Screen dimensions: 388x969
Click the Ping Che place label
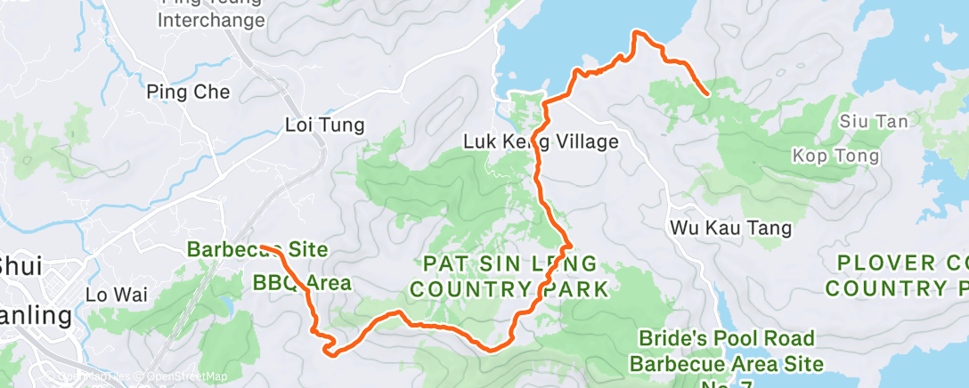click(188, 92)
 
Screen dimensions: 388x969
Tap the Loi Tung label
click(324, 125)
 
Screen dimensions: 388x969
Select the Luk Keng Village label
click(541, 141)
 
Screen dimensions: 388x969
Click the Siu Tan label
click(867, 121)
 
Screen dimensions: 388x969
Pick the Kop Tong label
click(835, 157)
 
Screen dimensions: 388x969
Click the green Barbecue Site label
click(257, 250)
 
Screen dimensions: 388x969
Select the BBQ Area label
click(302, 284)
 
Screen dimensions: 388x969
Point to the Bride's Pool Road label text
click(727, 339)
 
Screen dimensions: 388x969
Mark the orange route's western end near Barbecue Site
click(265, 248)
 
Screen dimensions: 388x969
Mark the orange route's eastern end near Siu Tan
click(706, 93)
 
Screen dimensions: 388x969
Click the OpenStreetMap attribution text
click(187, 377)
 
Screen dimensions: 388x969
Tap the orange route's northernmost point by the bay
click(636, 33)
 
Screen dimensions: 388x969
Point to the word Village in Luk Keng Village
click(590, 141)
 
